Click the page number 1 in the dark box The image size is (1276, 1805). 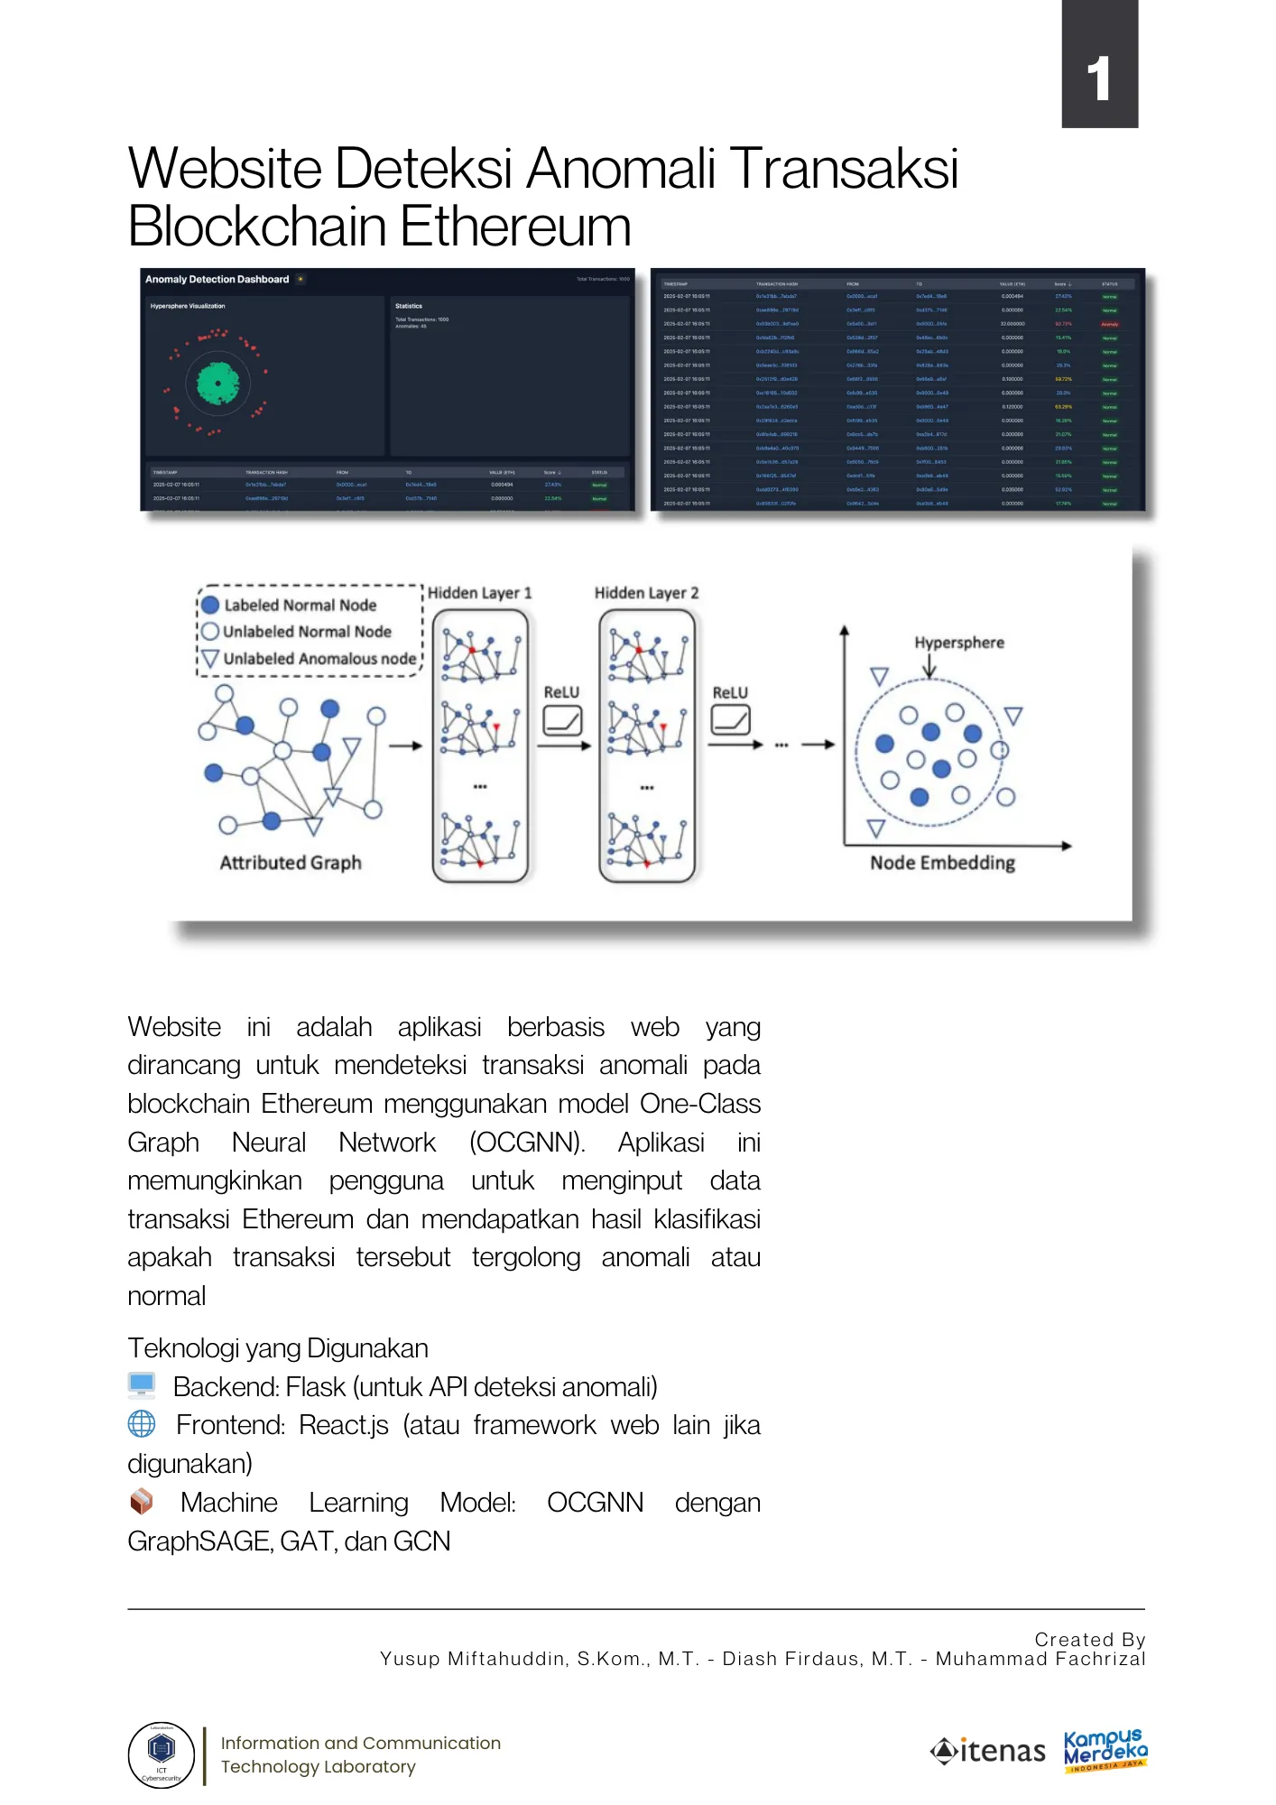[x=1098, y=79]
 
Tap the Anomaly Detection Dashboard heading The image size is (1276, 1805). [x=217, y=280]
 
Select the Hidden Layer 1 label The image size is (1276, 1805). [x=479, y=593]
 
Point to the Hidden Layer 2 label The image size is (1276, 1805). [x=646, y=593]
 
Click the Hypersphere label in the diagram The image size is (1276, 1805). [x=958, y=643]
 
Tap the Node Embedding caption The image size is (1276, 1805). [x=942, y=863]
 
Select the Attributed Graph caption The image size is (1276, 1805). [x=291, y=863]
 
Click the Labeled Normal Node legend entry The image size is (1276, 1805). [x=300, y=606]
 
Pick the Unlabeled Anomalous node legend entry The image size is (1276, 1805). [x=319, y=659]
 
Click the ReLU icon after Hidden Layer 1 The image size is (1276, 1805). [x=562, y=721]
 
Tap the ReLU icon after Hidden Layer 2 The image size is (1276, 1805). [x=730, y=721]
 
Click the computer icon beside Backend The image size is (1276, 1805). [x=142, y=1385]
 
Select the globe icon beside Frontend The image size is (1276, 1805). [x=142, y=1424]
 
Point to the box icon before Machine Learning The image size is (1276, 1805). [x=142, y=1502]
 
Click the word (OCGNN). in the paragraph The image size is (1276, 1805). [x=527, y=1143]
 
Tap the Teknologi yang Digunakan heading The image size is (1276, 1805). [x=278, y=1348]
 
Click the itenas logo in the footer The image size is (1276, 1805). [x=987, y=1752]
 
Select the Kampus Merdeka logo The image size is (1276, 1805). [x=1105, y=1751]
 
